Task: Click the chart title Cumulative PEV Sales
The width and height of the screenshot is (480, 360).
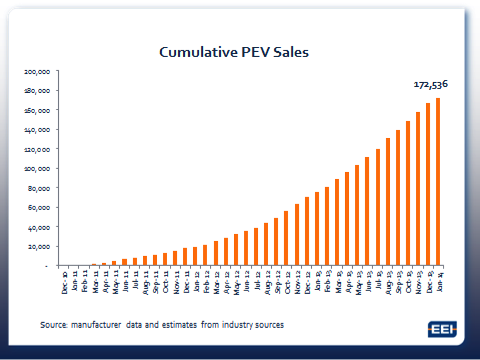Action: coord(234,52)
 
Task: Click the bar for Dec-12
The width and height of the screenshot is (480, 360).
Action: coord(307,231)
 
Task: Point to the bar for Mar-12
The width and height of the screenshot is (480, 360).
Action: coord(216,253)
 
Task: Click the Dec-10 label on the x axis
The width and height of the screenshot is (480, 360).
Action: coord(65,281)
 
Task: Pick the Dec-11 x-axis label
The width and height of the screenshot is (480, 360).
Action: coord(186,281)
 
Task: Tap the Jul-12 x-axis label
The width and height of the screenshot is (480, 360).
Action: coord(257,281)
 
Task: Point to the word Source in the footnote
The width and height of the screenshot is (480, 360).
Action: coord(52,325)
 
